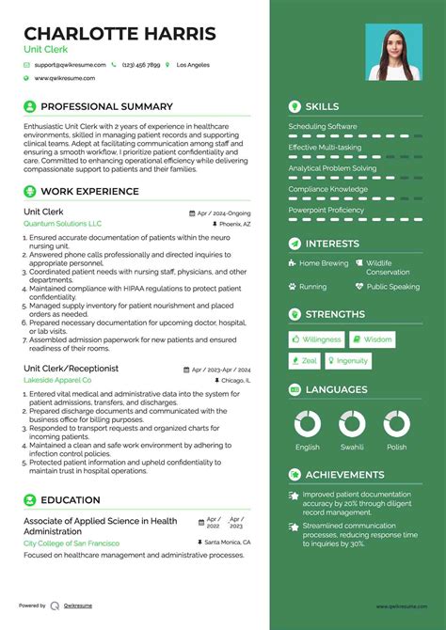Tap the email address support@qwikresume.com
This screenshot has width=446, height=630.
click(68, 65)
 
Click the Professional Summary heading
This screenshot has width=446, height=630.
click(106, 107)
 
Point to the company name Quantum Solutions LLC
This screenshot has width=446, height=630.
click(62, 224)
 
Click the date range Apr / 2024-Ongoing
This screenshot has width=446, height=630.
click(224, 213)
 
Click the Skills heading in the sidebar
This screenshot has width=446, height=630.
click(322, 107)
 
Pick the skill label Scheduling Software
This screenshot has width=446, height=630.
click(323, 127)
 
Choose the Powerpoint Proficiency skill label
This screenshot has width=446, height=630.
click(326, 210)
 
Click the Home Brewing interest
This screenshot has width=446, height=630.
click(323, 263)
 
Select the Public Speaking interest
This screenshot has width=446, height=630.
click(392, 287)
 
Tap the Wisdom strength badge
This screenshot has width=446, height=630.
click(373, 339)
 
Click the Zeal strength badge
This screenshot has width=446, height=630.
click(304, 361)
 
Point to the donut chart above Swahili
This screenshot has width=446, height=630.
click(352, 424)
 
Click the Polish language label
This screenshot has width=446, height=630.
click(395, 448)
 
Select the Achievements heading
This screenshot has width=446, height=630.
click(344, 475)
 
